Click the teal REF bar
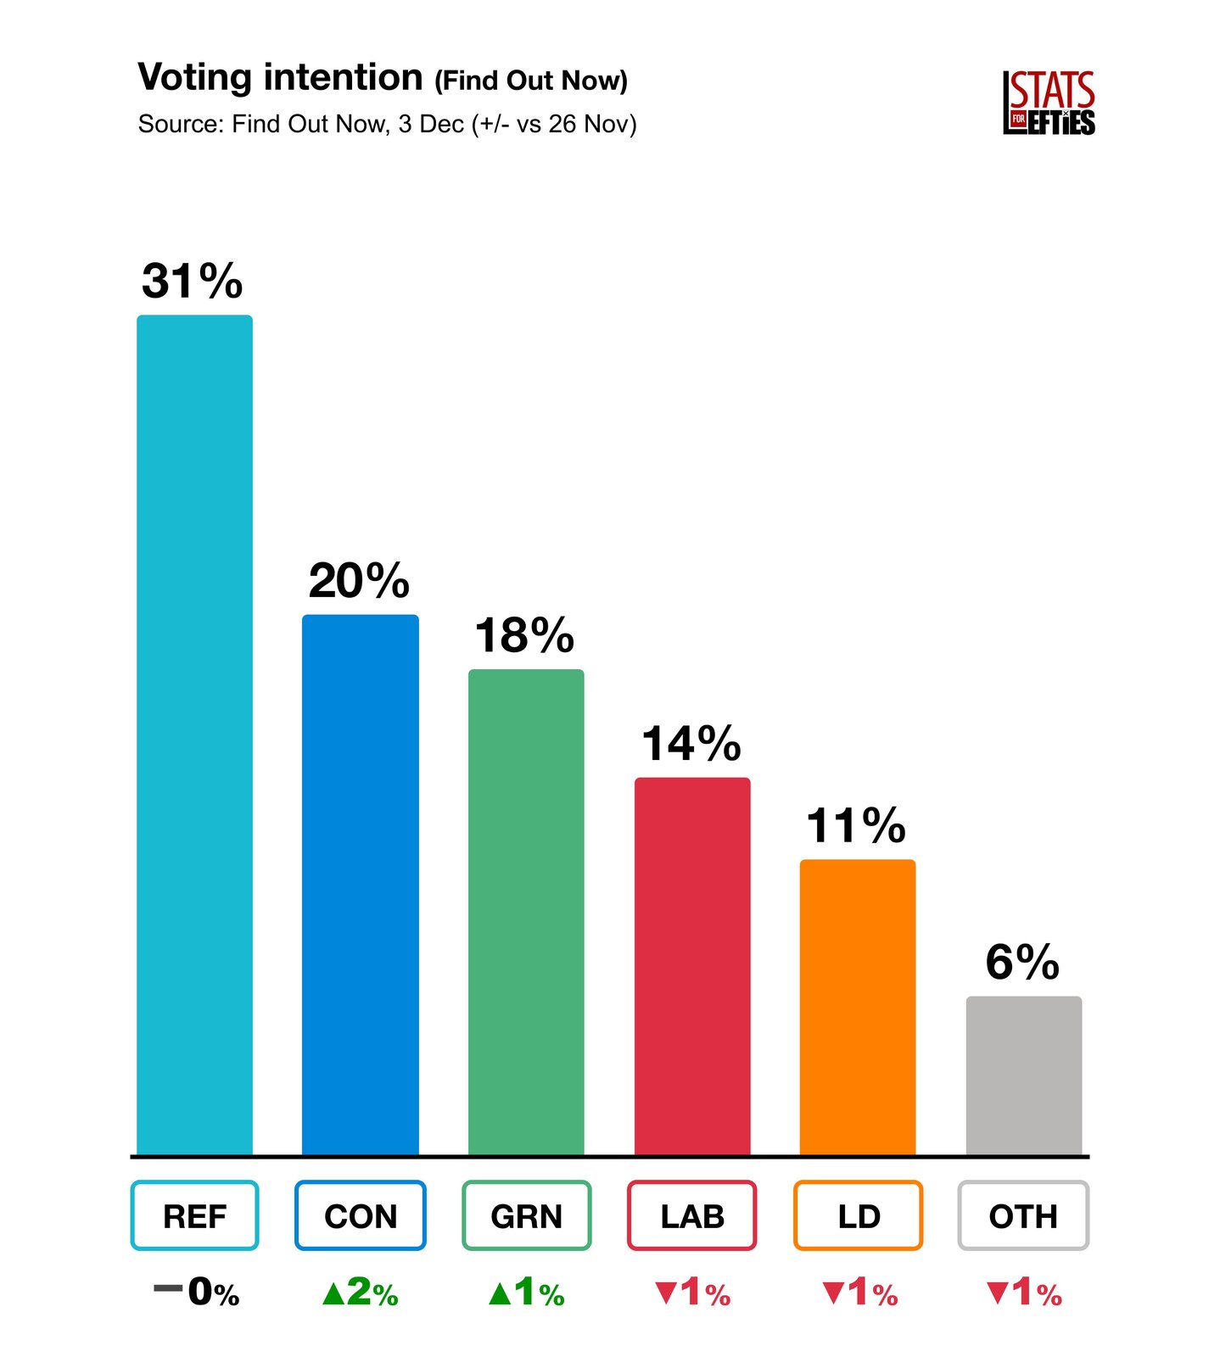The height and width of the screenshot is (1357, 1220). [194, 734]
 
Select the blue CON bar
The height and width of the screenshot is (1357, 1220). [361, 884]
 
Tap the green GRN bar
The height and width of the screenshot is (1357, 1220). [526, 912]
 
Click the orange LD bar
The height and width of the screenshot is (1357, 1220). [858, 1007]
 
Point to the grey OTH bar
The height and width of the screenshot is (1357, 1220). [1024, 1075]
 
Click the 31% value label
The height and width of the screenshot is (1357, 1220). [193, 281]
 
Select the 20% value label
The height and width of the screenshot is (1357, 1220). [359, 581]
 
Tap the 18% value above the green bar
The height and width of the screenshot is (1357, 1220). [524, 635]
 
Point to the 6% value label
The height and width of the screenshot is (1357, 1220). [1022, 962]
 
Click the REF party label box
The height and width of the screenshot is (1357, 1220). [194, 1215]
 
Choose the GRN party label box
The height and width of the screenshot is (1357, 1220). [526, 1215]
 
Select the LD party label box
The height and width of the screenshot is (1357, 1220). [858, 1215]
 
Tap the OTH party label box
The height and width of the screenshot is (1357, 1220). [1023, 1215]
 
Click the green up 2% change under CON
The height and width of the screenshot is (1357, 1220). [361, 1293]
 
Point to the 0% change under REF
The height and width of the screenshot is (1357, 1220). [196, 1293]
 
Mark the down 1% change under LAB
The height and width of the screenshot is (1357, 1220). [692, 1293]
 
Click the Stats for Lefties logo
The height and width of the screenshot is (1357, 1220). [1049, 103]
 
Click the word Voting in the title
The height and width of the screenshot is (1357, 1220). [194, 78]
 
